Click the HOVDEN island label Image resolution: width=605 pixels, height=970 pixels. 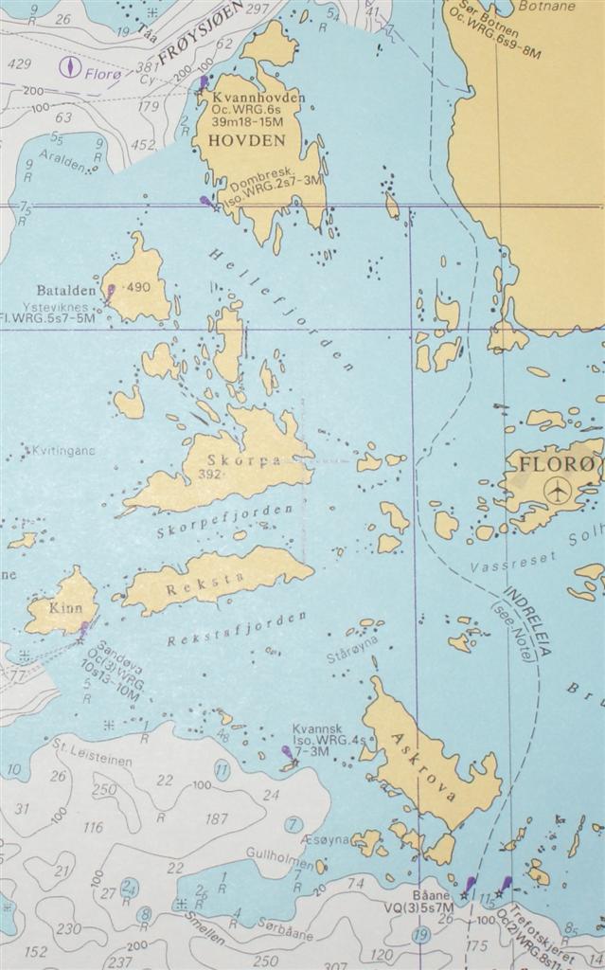coord(253,140)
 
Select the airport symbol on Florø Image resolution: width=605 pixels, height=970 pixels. coord(559,491)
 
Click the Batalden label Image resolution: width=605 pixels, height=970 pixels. coord(66,290)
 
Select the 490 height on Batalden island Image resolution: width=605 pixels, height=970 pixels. coord(137,287)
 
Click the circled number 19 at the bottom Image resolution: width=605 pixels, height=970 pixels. coord(421,935)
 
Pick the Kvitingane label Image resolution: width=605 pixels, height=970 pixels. coord(64,451)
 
